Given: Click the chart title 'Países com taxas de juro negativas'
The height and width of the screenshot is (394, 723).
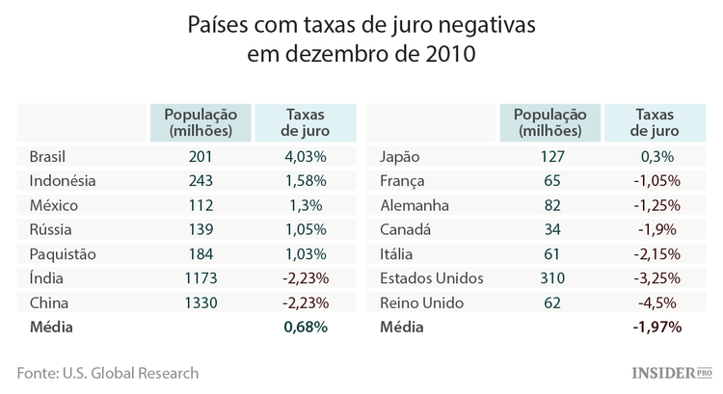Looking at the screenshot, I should click(361, 21).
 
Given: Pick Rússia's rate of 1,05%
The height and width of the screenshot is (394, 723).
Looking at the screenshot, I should click(305, 229).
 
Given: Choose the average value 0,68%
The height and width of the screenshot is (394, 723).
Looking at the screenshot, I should click(306, 328).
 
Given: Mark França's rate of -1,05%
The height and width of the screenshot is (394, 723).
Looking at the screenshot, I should click(656, 180).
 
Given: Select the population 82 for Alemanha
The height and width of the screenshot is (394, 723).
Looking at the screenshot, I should click(550, 205).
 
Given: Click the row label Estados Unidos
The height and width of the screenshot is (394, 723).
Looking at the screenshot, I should click(432, 278).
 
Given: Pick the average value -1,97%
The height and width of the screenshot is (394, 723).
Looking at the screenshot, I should click(656, 328).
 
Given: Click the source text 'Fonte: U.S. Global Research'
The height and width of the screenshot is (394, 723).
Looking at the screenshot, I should click(108, 373).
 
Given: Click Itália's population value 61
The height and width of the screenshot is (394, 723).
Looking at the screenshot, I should click(550, 254).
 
